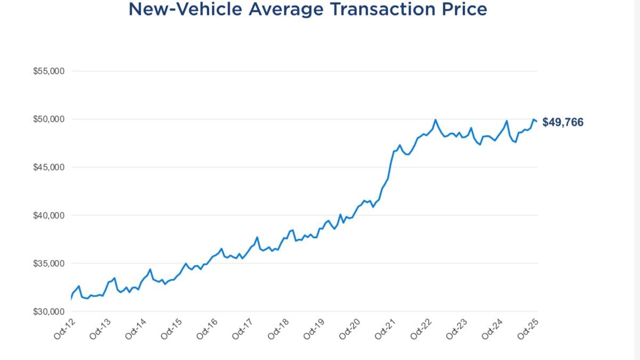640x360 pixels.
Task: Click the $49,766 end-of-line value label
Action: (x=563, y=122)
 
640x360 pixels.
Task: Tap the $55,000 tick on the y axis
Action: (x=49, y=71)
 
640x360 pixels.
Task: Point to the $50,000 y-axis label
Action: (x=49, y=119)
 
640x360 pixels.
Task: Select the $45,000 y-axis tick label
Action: (x=49, y=167)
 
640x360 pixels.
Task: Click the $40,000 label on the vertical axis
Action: (x=49, y=215)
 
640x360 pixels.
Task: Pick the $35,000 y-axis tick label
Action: (x=49, y=263)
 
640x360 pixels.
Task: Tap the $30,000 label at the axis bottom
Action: (x=49, y=311)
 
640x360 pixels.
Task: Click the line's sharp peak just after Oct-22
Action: (x=436, y=119)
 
